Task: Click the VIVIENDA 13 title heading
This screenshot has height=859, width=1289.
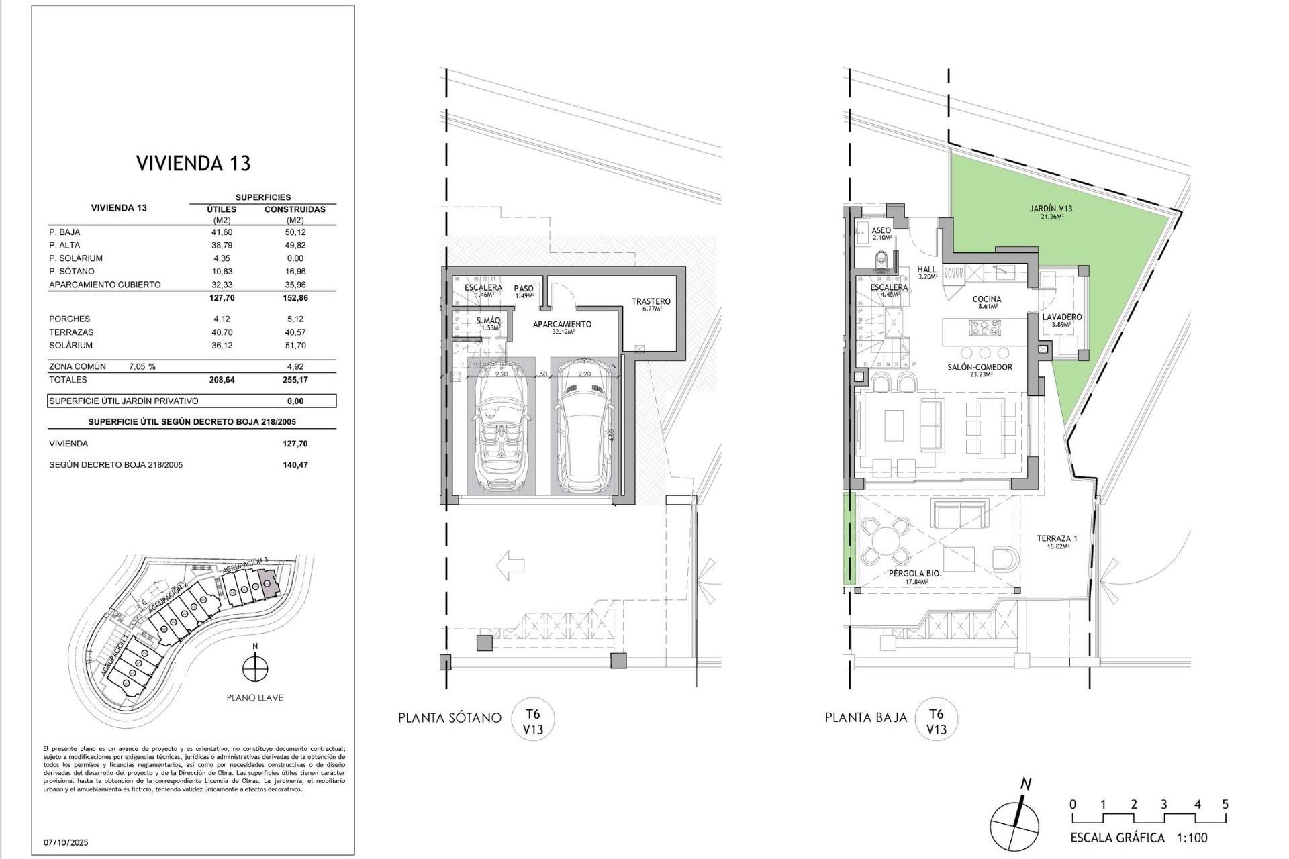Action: (193, 164)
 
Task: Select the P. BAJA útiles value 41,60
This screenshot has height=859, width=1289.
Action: (222, 232)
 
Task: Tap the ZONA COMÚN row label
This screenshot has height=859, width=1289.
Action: (77, 367)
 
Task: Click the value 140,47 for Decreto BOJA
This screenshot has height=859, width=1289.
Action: (295, 465)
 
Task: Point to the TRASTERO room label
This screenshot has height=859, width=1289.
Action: (651, 302)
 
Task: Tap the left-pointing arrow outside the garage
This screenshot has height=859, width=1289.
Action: (510, 566)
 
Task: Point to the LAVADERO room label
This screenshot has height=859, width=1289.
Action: (1061, 317)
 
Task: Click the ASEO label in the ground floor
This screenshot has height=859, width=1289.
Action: (881, 230)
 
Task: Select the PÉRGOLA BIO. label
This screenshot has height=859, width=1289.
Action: (914, 574)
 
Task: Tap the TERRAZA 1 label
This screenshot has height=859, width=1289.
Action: (1056, 538)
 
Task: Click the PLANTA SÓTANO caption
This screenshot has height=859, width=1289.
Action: (449, 718)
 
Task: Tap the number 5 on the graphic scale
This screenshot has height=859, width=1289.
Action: (1225, 805)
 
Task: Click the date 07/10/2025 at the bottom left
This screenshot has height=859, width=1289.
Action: (66, 842)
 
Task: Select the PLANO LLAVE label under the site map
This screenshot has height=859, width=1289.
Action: (254, 698)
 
